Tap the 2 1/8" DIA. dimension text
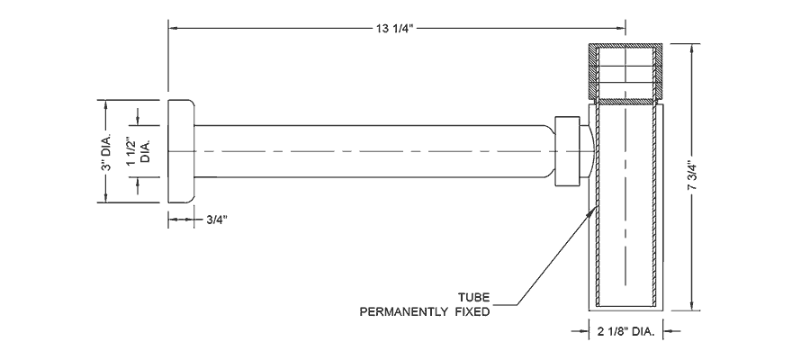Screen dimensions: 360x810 pos(620,332)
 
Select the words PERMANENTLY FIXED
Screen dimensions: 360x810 pos(424,313)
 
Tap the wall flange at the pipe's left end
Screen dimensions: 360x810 pos(182,151)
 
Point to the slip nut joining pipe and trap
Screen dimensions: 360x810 pos(567,151)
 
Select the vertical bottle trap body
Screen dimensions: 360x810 pos(626,207)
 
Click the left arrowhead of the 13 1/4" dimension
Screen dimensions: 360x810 pos(172,29)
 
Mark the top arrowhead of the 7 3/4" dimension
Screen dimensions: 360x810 pos(692,47)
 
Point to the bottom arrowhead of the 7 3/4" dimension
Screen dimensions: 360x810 pos(692,306)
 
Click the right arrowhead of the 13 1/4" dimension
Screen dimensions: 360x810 pos(620,29)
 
